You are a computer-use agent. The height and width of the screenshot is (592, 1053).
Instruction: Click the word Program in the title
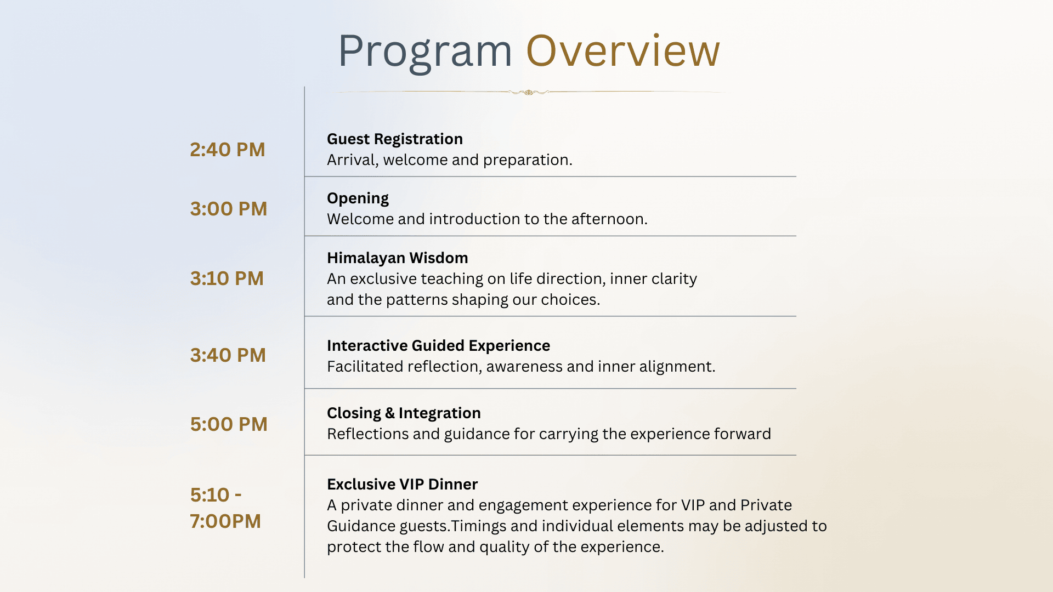(x=425, y=53)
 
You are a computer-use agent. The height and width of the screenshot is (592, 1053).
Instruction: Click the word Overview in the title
(x=623, y=50)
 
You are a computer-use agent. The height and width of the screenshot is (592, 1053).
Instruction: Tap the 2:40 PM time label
(x=228, y=150)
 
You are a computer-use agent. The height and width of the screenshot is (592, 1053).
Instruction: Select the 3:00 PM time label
(x=229, y=209)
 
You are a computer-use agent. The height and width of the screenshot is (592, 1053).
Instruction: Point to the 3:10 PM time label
(x=227, y=278)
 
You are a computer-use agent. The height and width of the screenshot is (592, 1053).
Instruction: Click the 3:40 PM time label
(x=228, y=355)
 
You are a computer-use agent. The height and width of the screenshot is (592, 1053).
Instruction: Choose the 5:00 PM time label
(x=229, y=424)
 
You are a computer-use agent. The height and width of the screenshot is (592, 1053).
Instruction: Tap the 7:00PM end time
(x=225, y=521)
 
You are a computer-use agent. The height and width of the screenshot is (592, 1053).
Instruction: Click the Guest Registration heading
(x=395, y=139)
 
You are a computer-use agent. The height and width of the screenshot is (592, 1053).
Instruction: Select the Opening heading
(x=358, y=198)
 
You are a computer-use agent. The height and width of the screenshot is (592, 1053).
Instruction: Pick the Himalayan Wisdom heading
(x=398, y=258)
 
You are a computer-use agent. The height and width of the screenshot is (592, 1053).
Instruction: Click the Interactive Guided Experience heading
(x=438, y=345)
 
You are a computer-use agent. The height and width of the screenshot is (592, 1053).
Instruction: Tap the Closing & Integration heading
(x=404, y=413)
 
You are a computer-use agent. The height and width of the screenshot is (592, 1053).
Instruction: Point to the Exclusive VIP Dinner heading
(x=402, y=484)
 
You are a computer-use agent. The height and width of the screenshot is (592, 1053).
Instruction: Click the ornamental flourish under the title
(x=529, y=92)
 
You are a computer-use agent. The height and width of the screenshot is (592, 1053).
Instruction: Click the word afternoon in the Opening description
(x=609, y=219)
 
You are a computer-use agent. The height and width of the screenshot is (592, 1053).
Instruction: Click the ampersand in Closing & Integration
(x=390, y=413)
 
